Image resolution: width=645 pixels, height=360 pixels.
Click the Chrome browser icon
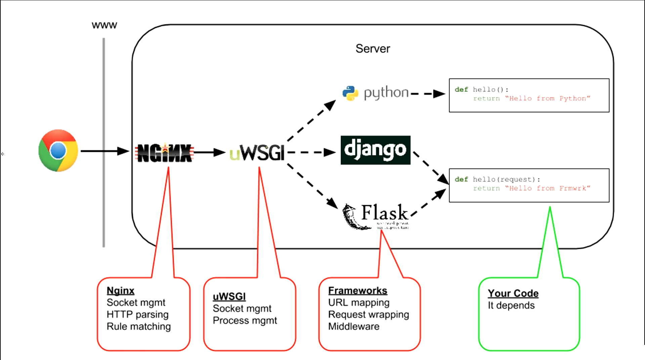[58, 150]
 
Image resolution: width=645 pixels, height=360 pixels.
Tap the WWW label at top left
[104, 26]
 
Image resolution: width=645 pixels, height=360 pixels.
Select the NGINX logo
[164, 153]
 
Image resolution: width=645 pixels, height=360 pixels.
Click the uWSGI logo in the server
[257, 153]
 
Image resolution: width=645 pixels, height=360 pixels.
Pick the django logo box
[375, 150]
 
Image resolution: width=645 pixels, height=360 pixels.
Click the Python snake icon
[350, 93]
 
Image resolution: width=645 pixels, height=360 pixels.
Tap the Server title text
[373, 49]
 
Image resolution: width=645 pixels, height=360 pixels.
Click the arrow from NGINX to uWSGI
[210, 152]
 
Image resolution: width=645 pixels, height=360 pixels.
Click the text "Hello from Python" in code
[548, 98]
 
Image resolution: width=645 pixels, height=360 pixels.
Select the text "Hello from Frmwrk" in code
[548, 188]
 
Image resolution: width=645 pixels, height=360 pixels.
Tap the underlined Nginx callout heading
[120, 290]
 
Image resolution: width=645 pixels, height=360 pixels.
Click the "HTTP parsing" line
[137, 315]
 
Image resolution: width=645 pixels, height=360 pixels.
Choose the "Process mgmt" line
[245, 321]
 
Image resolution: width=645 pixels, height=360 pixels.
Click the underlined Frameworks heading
[357, 290]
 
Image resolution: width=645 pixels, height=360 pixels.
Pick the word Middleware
[353, 326]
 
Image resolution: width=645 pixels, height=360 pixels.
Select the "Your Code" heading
[513, 293]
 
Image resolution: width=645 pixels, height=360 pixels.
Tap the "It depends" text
[511, 305]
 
